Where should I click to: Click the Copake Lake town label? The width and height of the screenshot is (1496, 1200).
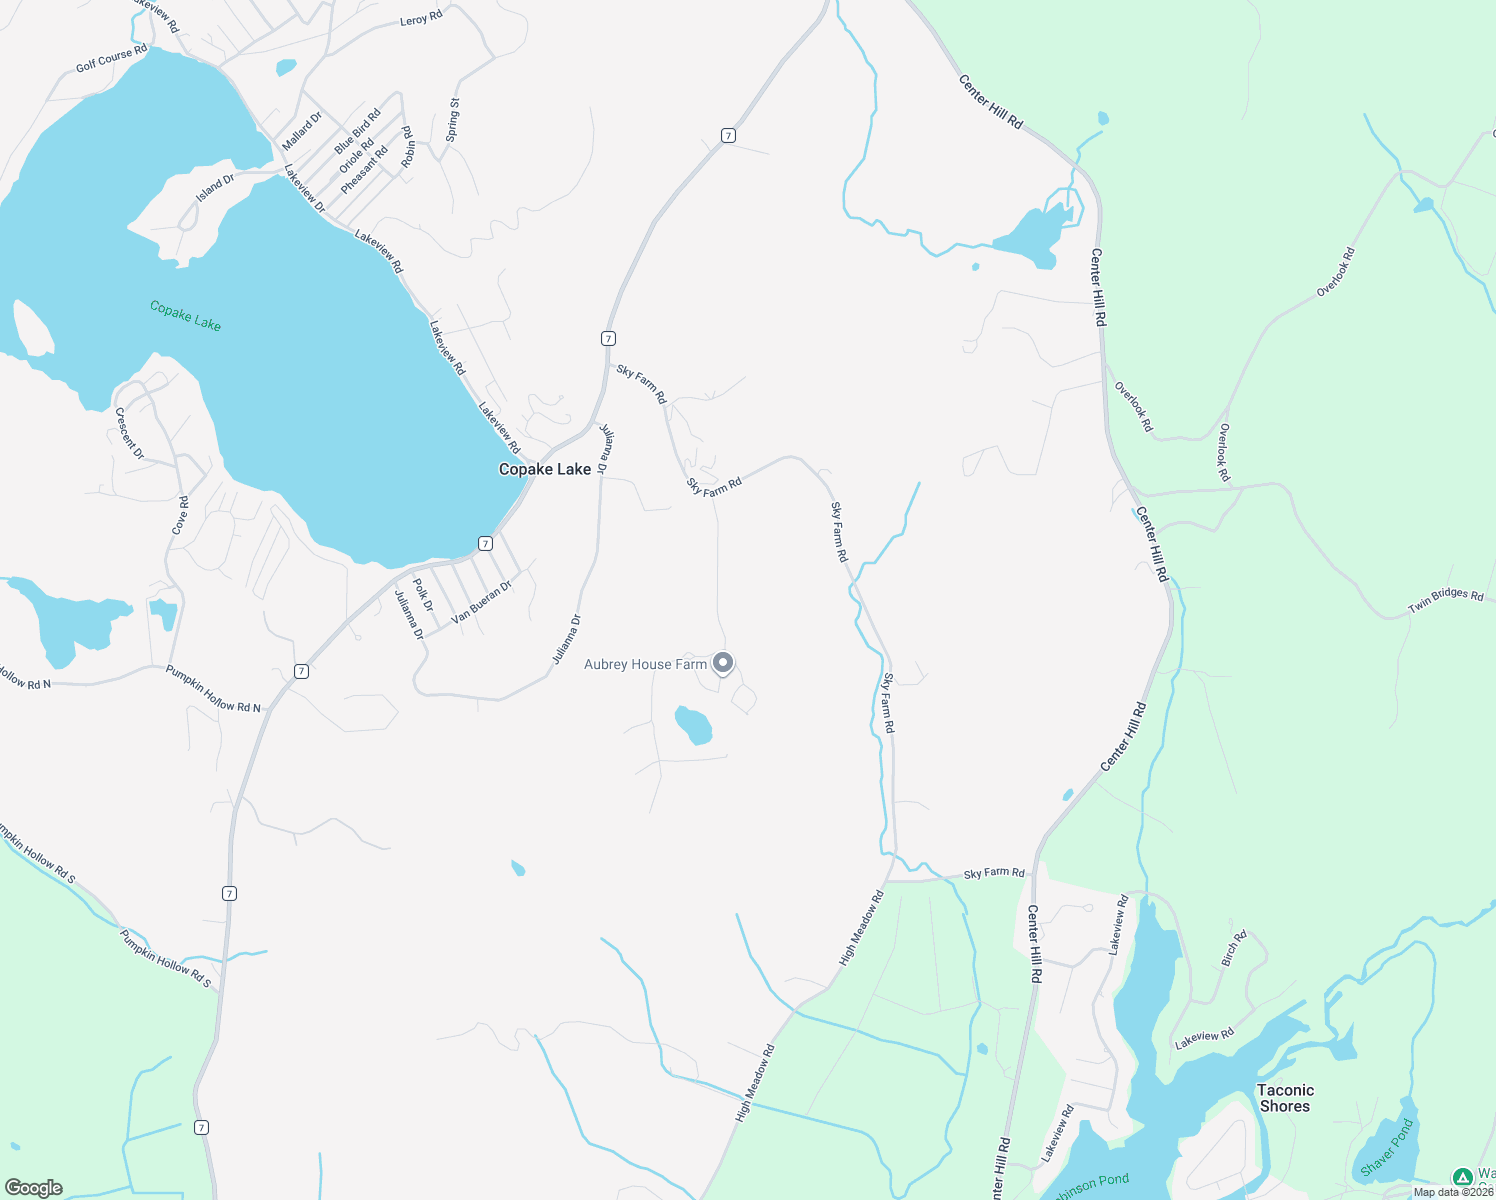(545, 469)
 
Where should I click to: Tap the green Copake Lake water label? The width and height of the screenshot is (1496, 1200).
(185, 316)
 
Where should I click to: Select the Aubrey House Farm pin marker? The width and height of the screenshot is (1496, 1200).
(723, 663)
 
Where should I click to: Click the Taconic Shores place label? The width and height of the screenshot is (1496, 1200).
(1285, 1098)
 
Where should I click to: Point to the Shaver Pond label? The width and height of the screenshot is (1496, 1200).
(1387, 1147)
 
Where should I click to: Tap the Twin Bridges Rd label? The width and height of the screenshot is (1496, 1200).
(1445, 600)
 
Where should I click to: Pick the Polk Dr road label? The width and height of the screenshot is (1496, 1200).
(424, 594)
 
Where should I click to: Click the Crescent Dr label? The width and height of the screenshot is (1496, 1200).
(130, 433)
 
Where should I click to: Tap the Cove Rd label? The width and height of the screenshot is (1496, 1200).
(180, 515)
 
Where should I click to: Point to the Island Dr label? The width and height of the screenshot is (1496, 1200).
(215, 188)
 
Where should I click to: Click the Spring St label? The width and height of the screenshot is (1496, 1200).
(452, 120)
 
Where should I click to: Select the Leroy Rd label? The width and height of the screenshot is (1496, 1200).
(420, 19)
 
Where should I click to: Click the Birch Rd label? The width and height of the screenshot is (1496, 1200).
(1234, 948)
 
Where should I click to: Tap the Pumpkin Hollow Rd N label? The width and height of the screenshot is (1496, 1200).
(213, 689)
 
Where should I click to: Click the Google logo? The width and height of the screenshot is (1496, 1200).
(33, 1188)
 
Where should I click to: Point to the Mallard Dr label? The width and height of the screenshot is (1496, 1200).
(302, 131)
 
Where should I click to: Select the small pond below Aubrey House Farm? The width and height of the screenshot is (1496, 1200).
(693, 725)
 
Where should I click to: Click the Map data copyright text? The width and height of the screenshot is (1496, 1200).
(1453, 1192)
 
